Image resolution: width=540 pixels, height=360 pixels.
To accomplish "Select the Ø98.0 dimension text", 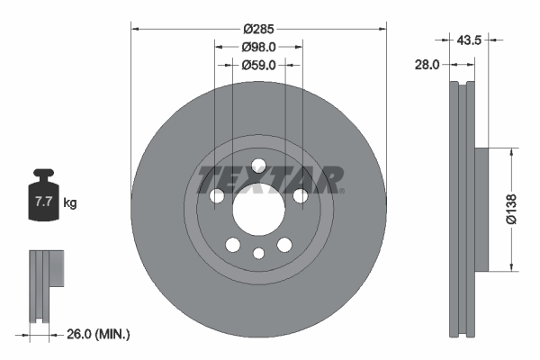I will [x=259, y=46].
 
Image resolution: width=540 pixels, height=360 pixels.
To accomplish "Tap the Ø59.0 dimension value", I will [x=259, y=64].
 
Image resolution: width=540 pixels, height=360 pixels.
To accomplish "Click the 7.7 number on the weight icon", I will [x=42, y=202].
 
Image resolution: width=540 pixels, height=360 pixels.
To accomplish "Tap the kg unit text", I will [x=70, y=203].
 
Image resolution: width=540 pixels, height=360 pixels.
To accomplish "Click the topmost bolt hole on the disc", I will [x=259, y=165].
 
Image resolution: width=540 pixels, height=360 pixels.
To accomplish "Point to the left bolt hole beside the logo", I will [x=217, y=196].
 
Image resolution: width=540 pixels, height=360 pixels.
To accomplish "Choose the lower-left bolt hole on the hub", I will [x=233, y=245].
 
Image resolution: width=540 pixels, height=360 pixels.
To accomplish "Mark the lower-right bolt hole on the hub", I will [x=285, y=245].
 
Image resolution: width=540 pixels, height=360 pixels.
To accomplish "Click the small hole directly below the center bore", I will [x=259, y=255].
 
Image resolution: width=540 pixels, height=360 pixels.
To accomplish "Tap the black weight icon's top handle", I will [x=42, y=175].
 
